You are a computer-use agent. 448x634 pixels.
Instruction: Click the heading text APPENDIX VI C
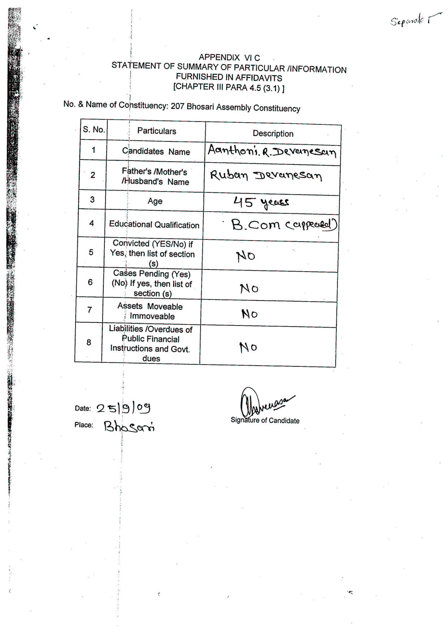[229, 58]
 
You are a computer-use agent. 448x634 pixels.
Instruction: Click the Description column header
[273, 134]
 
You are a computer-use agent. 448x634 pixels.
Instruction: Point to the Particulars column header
[156, 131]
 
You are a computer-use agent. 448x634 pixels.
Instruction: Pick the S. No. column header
[94, 129]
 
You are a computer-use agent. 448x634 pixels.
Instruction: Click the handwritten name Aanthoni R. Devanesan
[272, 151]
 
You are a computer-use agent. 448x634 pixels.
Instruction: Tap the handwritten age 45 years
[261, 202]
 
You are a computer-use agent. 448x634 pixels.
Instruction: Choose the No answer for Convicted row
[245, 256]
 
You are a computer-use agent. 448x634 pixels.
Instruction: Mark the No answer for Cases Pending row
[249, 289]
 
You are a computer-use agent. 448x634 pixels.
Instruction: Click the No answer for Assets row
[249, 314]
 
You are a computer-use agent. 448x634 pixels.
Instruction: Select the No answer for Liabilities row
[248, 347]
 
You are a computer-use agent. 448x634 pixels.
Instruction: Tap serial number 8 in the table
[89, 342]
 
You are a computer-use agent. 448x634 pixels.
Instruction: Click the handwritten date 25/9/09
[123, 408]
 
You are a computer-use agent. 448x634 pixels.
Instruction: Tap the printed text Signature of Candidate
[265, 421]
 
